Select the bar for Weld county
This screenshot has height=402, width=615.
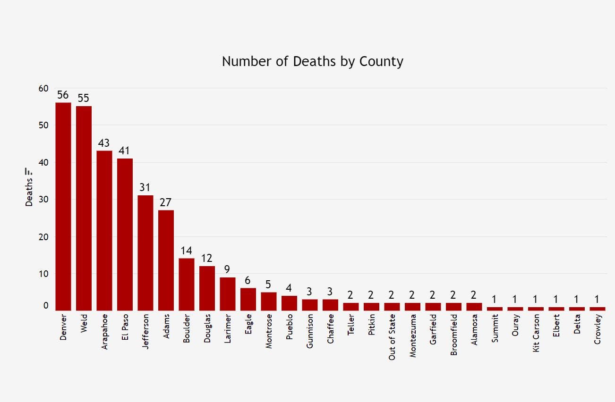84,208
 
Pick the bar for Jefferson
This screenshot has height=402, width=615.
145,252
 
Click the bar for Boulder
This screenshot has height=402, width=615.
187,284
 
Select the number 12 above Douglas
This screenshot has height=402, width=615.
207,259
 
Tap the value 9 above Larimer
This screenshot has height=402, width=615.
228,269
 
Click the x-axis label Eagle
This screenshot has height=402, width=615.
248,325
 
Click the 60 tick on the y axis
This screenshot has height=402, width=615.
43,88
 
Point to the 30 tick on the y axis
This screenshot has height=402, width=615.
43,199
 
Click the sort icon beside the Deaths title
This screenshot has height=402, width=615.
29,171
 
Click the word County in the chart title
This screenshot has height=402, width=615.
381,61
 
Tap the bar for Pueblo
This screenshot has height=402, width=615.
289,303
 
